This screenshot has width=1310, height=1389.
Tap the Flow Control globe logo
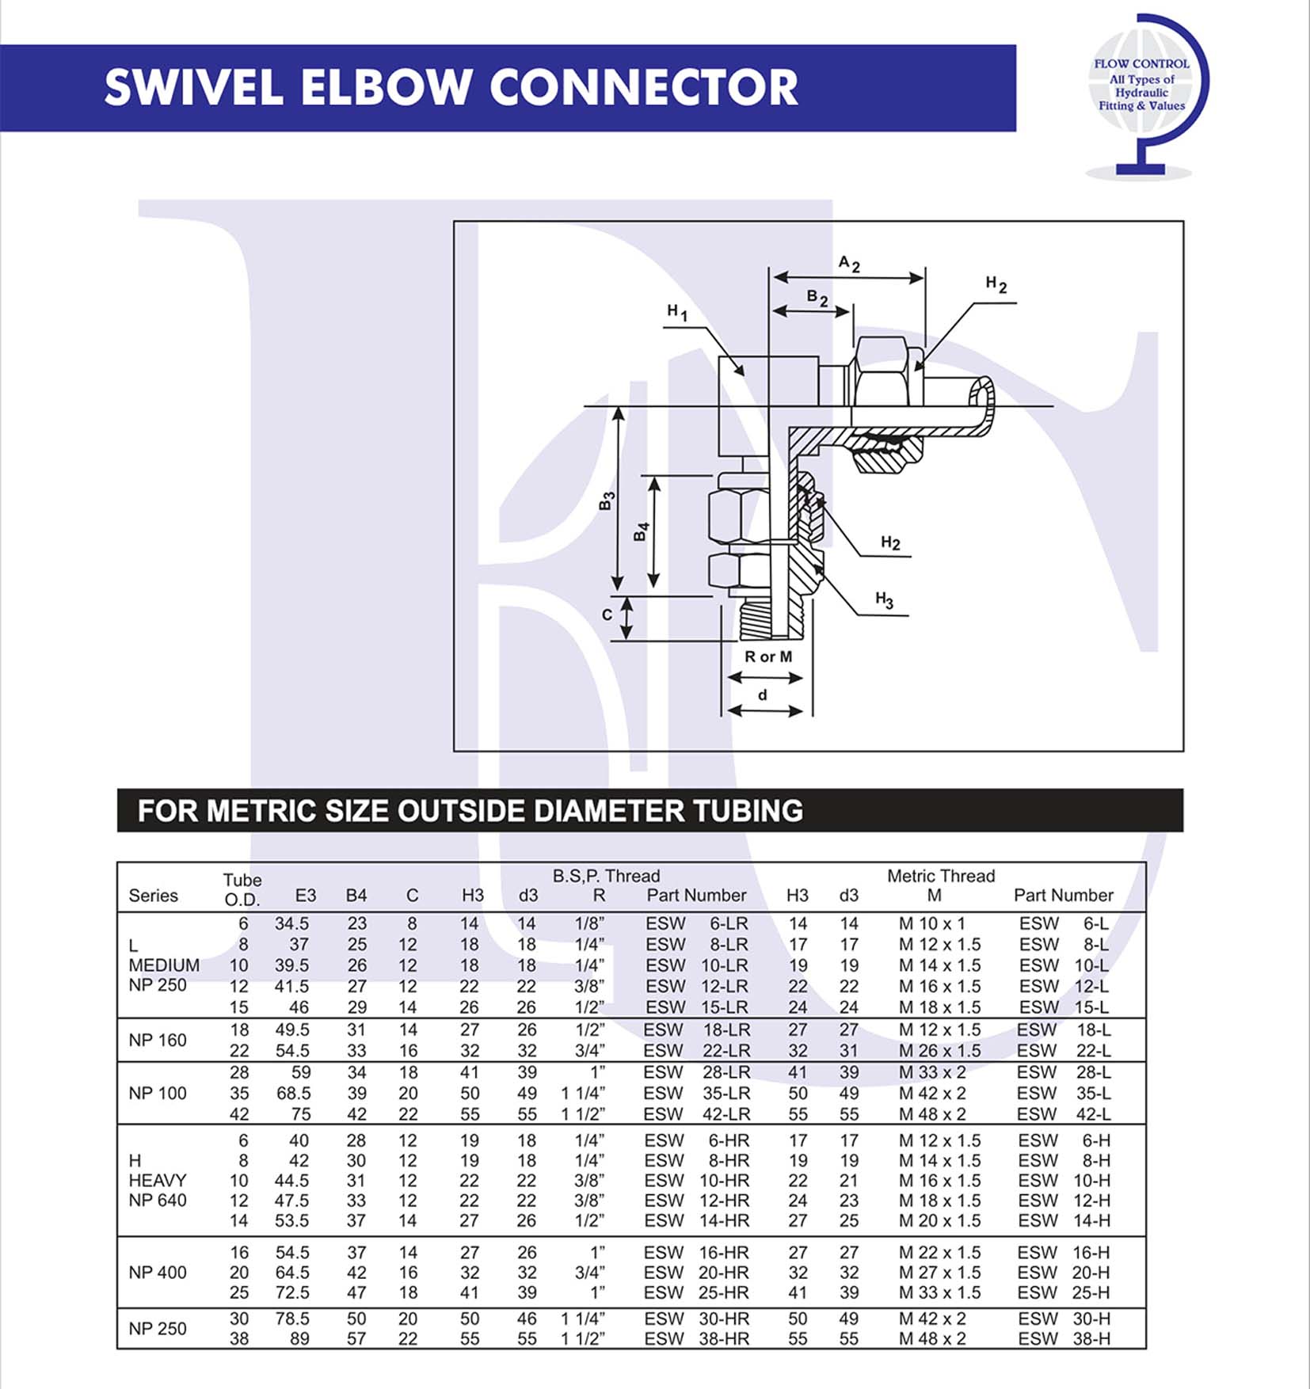point(1145,96)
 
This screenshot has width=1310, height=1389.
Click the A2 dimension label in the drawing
point(849,264)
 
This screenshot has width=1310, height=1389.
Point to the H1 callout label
point(677,313)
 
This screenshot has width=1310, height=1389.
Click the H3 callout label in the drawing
point(884,600)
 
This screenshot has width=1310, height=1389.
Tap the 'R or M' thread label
point(767,656)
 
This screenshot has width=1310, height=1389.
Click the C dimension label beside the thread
point(607,615)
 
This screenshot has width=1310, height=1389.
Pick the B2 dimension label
point(817,298)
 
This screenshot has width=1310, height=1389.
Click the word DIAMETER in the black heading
point(608,811)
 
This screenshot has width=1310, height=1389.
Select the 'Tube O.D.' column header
point(242,889)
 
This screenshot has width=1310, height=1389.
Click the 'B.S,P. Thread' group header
point(606,876)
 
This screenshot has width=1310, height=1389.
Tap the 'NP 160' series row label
point(158,1041)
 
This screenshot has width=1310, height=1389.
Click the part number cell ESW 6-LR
point(696,923)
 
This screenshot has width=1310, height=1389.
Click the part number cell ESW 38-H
point(1064,1339)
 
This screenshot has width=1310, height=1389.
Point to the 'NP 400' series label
point(158,1273)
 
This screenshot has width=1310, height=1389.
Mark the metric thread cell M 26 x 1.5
point(939,1051)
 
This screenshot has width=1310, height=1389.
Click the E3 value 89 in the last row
point(299,1339)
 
